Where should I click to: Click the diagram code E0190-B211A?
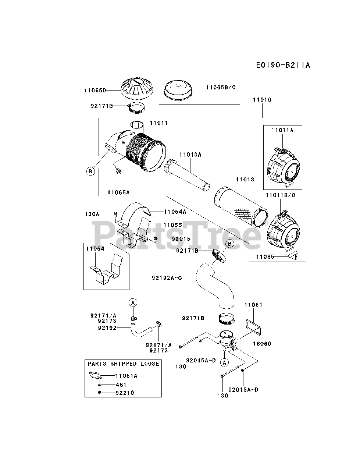[283, 65]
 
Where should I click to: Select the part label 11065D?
[95, 91]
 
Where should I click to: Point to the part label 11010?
[262, 100]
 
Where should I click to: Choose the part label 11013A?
[190, 155]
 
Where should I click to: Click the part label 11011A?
[282, 130]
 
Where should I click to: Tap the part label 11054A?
[175, 212]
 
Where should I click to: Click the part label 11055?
[172, 225]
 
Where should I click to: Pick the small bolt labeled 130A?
[116, 214]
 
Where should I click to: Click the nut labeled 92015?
[156, 238]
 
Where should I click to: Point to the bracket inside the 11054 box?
[106, 269]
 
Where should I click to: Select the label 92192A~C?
[167, 278]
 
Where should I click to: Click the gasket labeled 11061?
[253, 327]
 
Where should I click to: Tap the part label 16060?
[262, 344]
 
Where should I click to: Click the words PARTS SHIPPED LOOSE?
[124, 364]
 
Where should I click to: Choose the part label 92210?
[125, 393]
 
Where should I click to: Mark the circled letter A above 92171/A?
[133, 302]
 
